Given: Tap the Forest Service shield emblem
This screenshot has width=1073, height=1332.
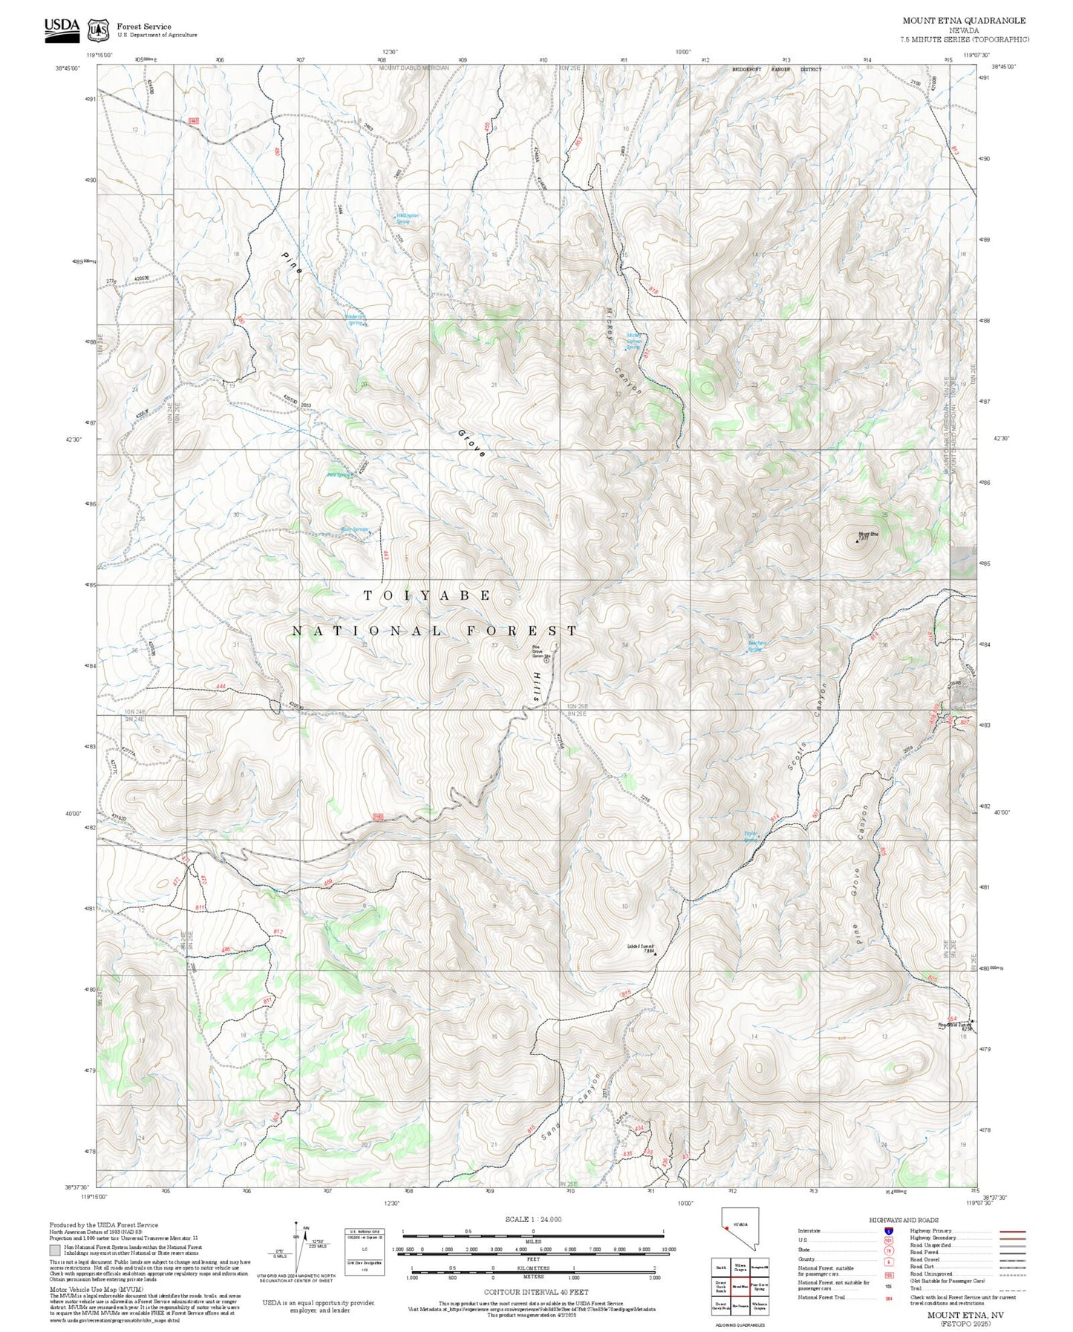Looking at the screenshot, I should (x=98, y=30).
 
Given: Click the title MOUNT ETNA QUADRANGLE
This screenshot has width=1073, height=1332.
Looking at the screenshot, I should (x=964, y=21).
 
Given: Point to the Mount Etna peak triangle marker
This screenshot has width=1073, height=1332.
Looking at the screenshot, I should (x=858, y=541).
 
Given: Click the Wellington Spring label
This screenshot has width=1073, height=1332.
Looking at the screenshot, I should (x=405, y=218).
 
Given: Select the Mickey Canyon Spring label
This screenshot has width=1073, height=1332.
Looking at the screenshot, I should (x=633, y=341).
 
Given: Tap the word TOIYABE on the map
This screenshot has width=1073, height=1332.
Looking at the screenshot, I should (x=428, y=595).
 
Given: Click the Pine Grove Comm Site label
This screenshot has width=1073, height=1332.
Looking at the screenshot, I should (x=541, y=652).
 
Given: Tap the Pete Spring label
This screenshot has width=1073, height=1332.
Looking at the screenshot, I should (x=339, y=475).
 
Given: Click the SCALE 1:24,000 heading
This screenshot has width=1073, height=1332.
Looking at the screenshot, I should (x=532, y=1219).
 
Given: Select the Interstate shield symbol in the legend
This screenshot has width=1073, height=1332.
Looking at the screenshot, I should (x=888, y=1231).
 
